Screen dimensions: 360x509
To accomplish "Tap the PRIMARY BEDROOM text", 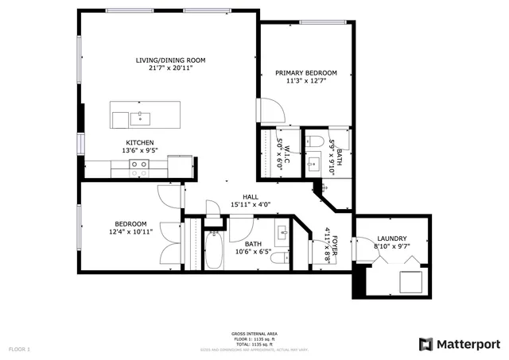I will coord(305,73).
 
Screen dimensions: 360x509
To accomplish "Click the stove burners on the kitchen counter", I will coord(139,168).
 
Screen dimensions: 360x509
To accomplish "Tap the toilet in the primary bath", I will coord(314,141).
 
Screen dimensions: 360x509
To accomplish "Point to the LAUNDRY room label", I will coord(392,238).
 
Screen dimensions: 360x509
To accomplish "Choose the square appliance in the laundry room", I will coord(410,282).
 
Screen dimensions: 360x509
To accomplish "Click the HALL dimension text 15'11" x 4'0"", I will coord(251,204).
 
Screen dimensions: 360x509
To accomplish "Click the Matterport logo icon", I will coord(425,344).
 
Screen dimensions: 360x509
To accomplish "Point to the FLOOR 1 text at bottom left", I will coord(19,349).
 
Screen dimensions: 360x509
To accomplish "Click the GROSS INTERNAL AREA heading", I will coord(254,334).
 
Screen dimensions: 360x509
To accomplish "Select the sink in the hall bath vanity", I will coord(282,236).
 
